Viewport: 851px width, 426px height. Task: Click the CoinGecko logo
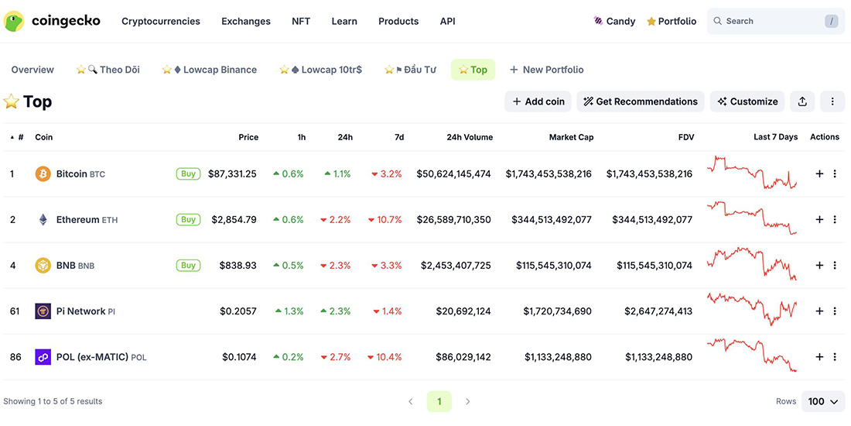tap(52, 21)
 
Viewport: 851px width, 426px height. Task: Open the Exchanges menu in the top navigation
tap(245, 21)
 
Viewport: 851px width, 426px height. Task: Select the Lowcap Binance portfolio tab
tap(210, 70)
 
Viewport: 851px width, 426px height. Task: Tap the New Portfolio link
tap(546, 70)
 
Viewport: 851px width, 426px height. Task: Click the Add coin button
tap(538, 101)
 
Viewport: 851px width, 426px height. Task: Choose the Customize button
tap(747, 101)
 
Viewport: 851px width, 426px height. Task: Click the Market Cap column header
tap(571, 137)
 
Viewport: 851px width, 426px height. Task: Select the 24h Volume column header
tap(469, 137)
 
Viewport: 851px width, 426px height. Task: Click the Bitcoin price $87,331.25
tap(232, 174)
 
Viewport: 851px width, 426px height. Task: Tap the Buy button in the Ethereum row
tap(188, 220)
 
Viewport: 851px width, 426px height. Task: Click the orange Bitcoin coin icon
tap(43, 174)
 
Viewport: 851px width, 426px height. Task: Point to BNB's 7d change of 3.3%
tap(387, 266)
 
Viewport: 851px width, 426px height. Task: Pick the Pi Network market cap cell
tap(557, 311)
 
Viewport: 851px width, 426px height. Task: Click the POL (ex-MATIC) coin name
tap(91, 357)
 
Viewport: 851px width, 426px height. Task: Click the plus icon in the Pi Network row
tap(819, 311)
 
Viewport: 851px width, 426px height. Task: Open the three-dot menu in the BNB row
tap(835, 266)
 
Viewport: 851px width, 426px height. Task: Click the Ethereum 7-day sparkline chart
tap(751, 218)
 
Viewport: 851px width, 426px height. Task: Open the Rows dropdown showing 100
tap(823, 401)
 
